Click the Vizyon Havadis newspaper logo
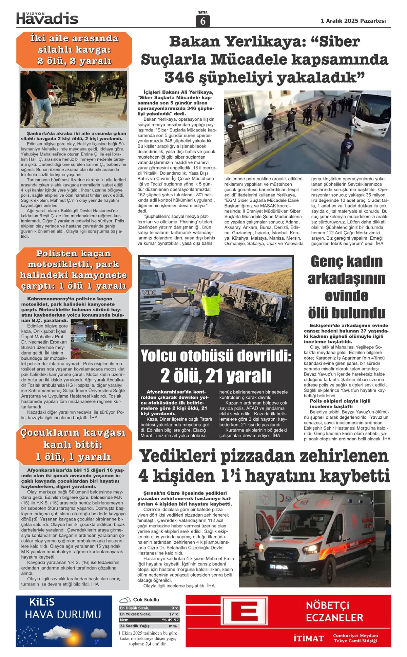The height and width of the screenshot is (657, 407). point(47,18)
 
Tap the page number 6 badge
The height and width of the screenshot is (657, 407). point(203,21)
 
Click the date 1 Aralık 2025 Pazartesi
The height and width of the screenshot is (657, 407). point(353,21)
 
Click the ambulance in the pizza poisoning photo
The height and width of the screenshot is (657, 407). point(305,542)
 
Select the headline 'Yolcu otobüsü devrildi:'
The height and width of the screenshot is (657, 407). point(216,356)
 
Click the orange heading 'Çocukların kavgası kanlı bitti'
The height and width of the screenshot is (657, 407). point(73,444)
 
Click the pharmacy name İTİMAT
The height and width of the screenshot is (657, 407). point(309,639)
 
